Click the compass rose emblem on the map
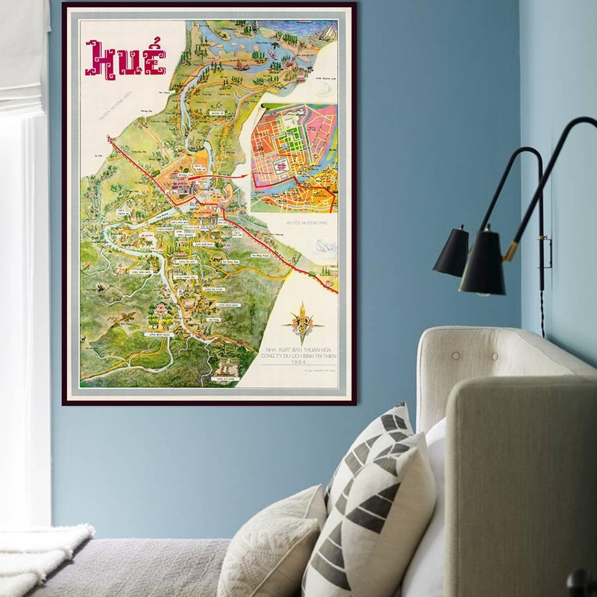tap(302, 323)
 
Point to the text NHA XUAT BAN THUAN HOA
tap(300, 349)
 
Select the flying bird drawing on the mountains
tap(123, 317)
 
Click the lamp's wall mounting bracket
tap(546, 252)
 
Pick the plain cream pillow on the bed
tap(271, 547)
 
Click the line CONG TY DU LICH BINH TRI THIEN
tap(300, 357)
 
